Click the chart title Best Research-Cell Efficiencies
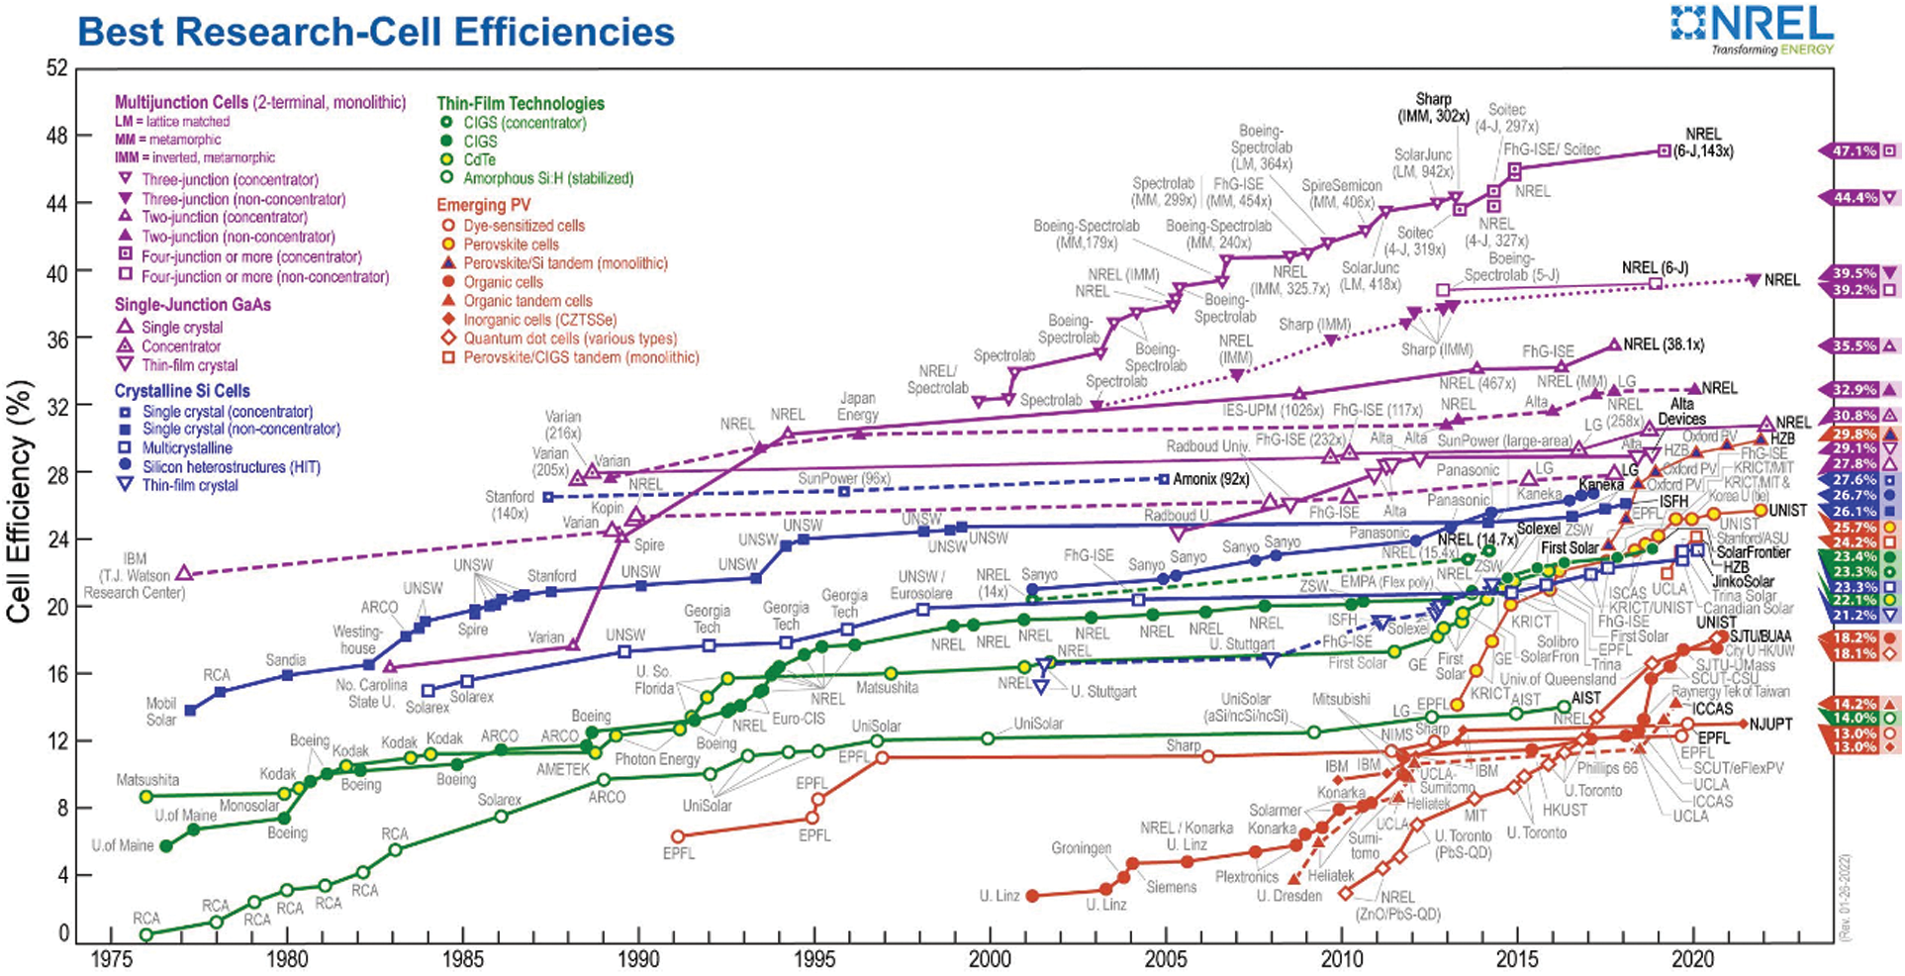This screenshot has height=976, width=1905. [x=376, y=32]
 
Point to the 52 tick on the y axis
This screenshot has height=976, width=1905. [x=56, y=69]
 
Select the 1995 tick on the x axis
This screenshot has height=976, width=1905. [x=814, y=959]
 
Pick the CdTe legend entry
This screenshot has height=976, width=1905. [x=480, y=160]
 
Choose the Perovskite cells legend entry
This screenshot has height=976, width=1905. [x=511, y=244]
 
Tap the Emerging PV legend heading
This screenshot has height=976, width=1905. [x=484, y=205]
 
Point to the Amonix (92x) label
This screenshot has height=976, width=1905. [x=1210, y=479]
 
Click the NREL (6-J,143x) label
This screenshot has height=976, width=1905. [x=1703, y=143]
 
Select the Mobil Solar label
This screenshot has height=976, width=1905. [x=161, y=712]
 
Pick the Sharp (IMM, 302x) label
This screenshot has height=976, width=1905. [x=1433, y=107]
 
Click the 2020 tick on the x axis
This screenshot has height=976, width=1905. [x=1693, y=959]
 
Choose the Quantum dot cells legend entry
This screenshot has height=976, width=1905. [x=570, y=339]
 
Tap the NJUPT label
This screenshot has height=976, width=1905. [x=1770, y=724]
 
